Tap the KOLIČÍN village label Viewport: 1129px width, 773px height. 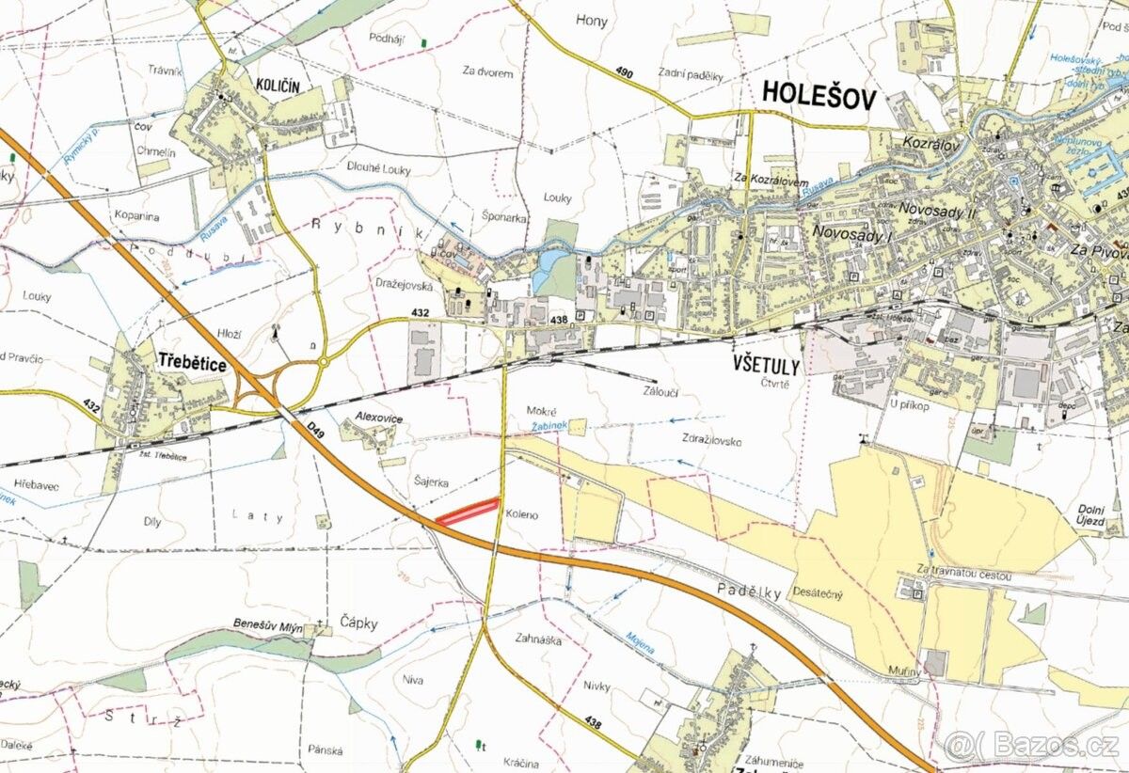278,86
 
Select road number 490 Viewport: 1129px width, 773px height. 625,74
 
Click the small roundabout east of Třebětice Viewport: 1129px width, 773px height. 324,361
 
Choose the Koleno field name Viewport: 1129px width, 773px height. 521,514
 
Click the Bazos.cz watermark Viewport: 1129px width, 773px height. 1032,747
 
